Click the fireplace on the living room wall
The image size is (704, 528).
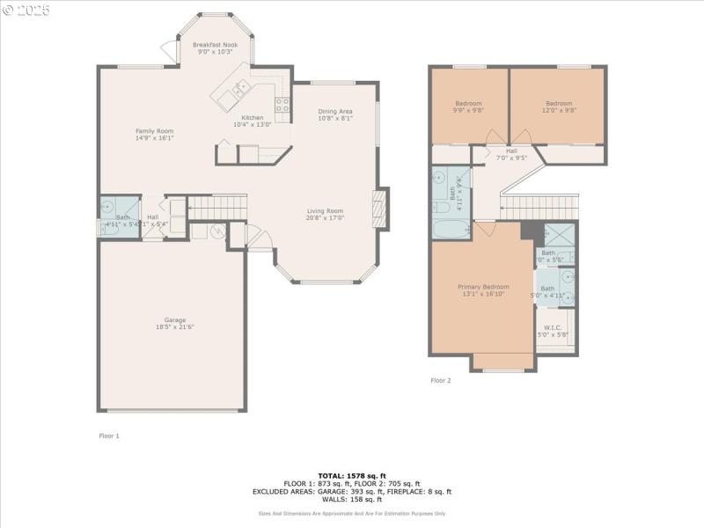(x=380, y=209)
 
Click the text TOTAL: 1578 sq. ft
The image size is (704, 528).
(x=352, y=475)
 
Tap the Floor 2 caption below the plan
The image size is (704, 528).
(x=440, y=380)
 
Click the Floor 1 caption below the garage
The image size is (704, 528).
(x=108, y=436)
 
